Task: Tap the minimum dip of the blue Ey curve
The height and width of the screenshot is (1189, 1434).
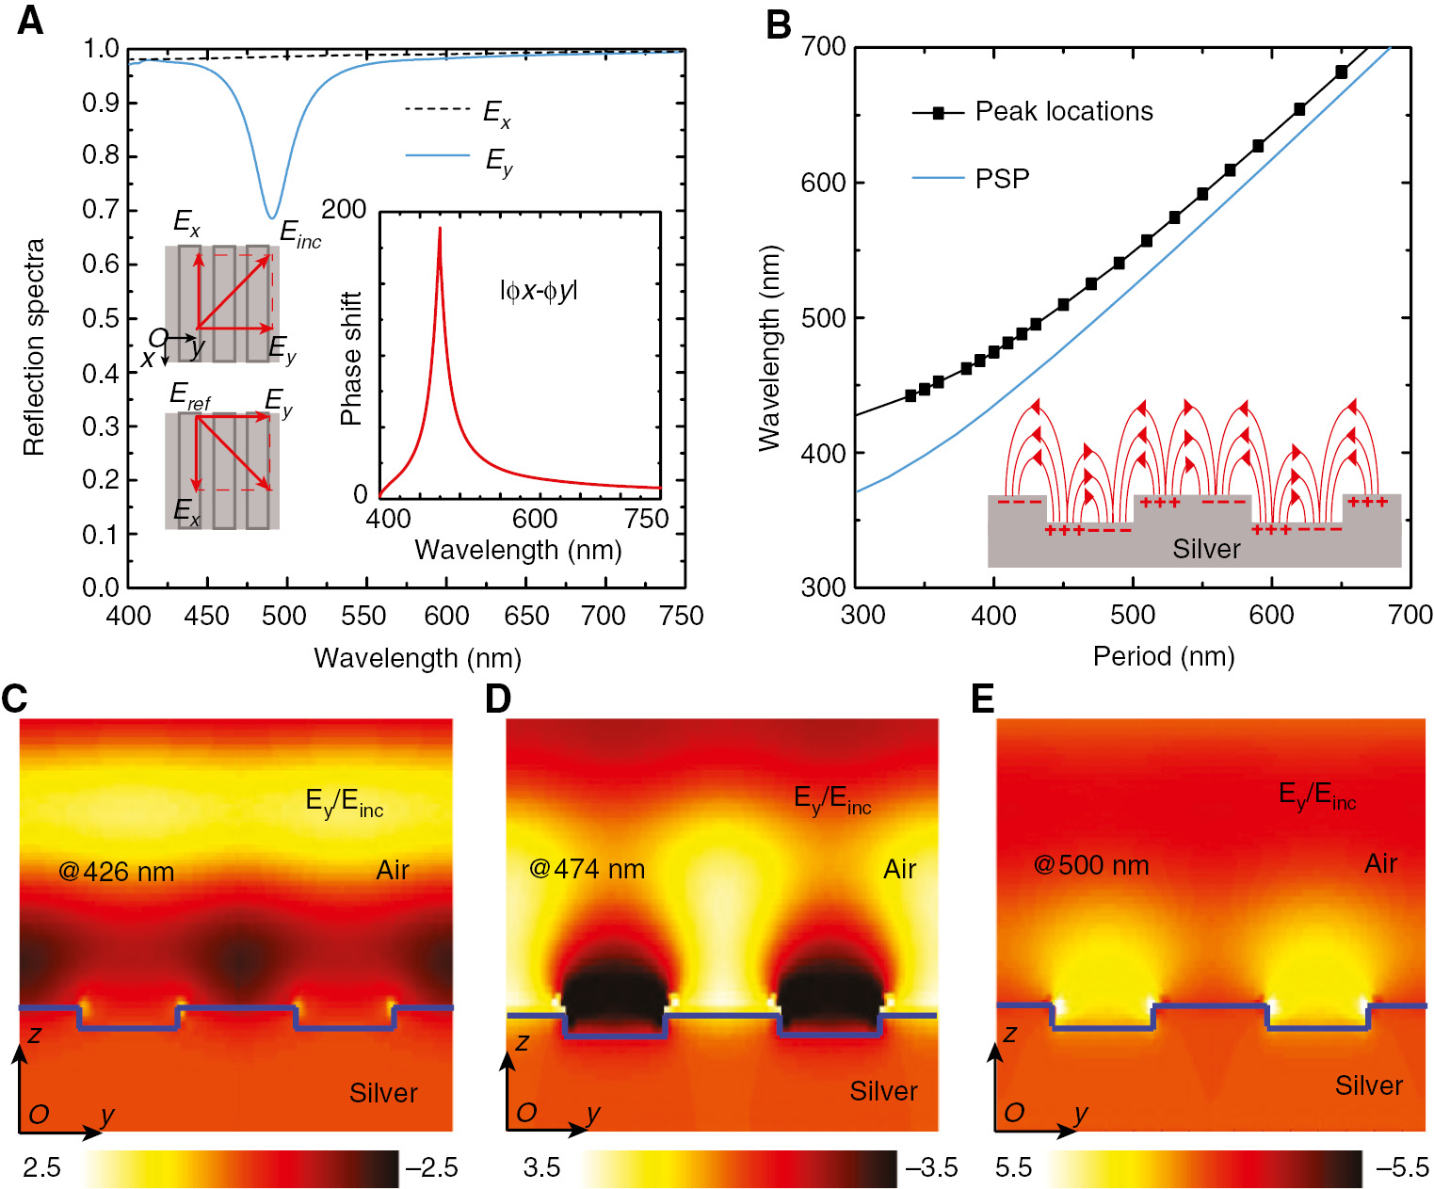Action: click(272, 217)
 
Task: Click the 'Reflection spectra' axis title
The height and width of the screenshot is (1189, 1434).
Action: click(34, 346)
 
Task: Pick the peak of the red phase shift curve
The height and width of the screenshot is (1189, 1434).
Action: click(439, 229)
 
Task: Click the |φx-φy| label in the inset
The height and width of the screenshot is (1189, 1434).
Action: click(538, 291)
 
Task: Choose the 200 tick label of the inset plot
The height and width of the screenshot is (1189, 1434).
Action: click(344, 209)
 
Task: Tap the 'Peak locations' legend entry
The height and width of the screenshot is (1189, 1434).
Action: click(1063, 112)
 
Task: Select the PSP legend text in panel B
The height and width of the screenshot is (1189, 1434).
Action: click(1002, 178)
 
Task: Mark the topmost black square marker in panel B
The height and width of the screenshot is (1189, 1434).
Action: click(1342, 72)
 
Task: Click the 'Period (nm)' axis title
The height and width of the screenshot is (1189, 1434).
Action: click(1163, 656)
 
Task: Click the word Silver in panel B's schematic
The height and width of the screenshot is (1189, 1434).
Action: click(1206, 549)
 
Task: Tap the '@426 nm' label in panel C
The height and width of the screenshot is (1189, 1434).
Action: click(116, 872)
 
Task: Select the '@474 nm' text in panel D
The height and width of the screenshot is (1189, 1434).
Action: click(588, 869)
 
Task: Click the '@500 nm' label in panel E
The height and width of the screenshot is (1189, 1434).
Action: click(1091, 865)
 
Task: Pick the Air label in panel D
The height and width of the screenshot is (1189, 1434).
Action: click(899, 869)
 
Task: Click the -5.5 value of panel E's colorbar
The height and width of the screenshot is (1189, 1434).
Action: click(1402, 1167)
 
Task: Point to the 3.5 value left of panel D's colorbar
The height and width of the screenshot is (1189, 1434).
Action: click(541, 1167)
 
